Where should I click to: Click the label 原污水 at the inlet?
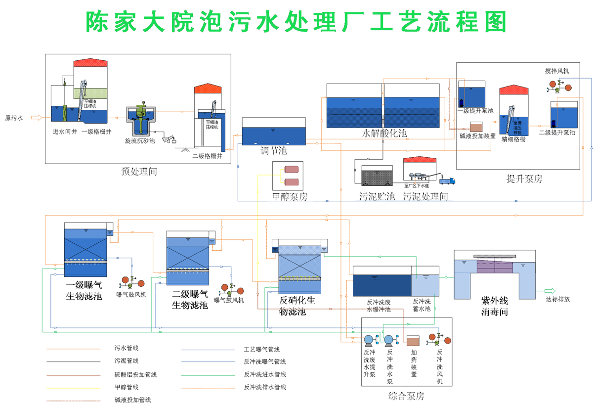click(14, 118)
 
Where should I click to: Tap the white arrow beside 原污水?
click(37, 118)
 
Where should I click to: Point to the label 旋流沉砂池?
click(140, 141)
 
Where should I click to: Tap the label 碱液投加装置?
click(478, 136)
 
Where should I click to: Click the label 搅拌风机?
click(557, 71)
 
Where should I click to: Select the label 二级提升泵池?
click(557, 133)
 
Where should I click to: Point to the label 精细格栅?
click(513, 139)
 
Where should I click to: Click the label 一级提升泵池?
click(475, 111)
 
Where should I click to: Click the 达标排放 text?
click(558, 300)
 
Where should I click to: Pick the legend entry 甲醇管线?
click(127, 387)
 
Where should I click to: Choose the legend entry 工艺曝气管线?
click(258, 349)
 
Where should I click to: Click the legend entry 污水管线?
click(127, 348)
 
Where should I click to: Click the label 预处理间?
click(139, 173)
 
